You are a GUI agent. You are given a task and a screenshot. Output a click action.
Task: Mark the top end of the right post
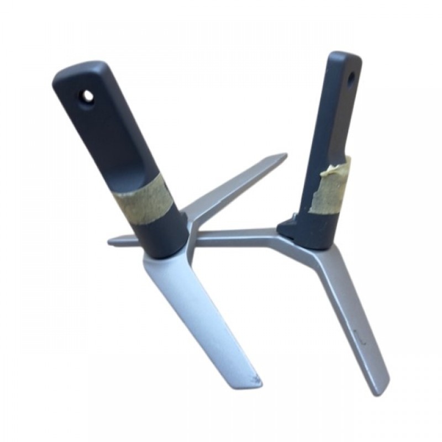click(345, 57)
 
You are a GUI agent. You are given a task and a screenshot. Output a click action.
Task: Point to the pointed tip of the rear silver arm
click(283, 157)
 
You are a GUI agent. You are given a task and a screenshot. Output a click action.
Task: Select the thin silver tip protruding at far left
click(113, 241)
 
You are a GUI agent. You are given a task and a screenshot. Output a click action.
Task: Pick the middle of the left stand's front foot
click(199, 315)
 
